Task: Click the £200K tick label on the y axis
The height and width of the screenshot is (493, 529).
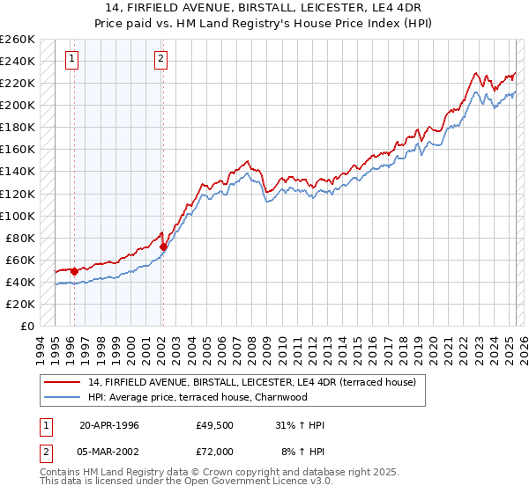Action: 18,105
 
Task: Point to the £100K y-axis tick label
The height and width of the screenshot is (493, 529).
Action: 18,216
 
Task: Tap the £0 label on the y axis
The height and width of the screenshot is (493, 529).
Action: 28,326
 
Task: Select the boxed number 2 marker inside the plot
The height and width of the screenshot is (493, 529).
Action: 161,60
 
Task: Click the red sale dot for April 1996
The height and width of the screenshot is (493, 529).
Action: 74,271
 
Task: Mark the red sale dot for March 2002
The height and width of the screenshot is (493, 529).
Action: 163,246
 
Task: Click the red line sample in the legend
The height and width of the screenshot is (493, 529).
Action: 63,381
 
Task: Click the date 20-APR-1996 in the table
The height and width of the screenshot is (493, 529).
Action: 109,425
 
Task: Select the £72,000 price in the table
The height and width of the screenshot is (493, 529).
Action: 214,451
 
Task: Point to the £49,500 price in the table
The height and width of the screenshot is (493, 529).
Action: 214,425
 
